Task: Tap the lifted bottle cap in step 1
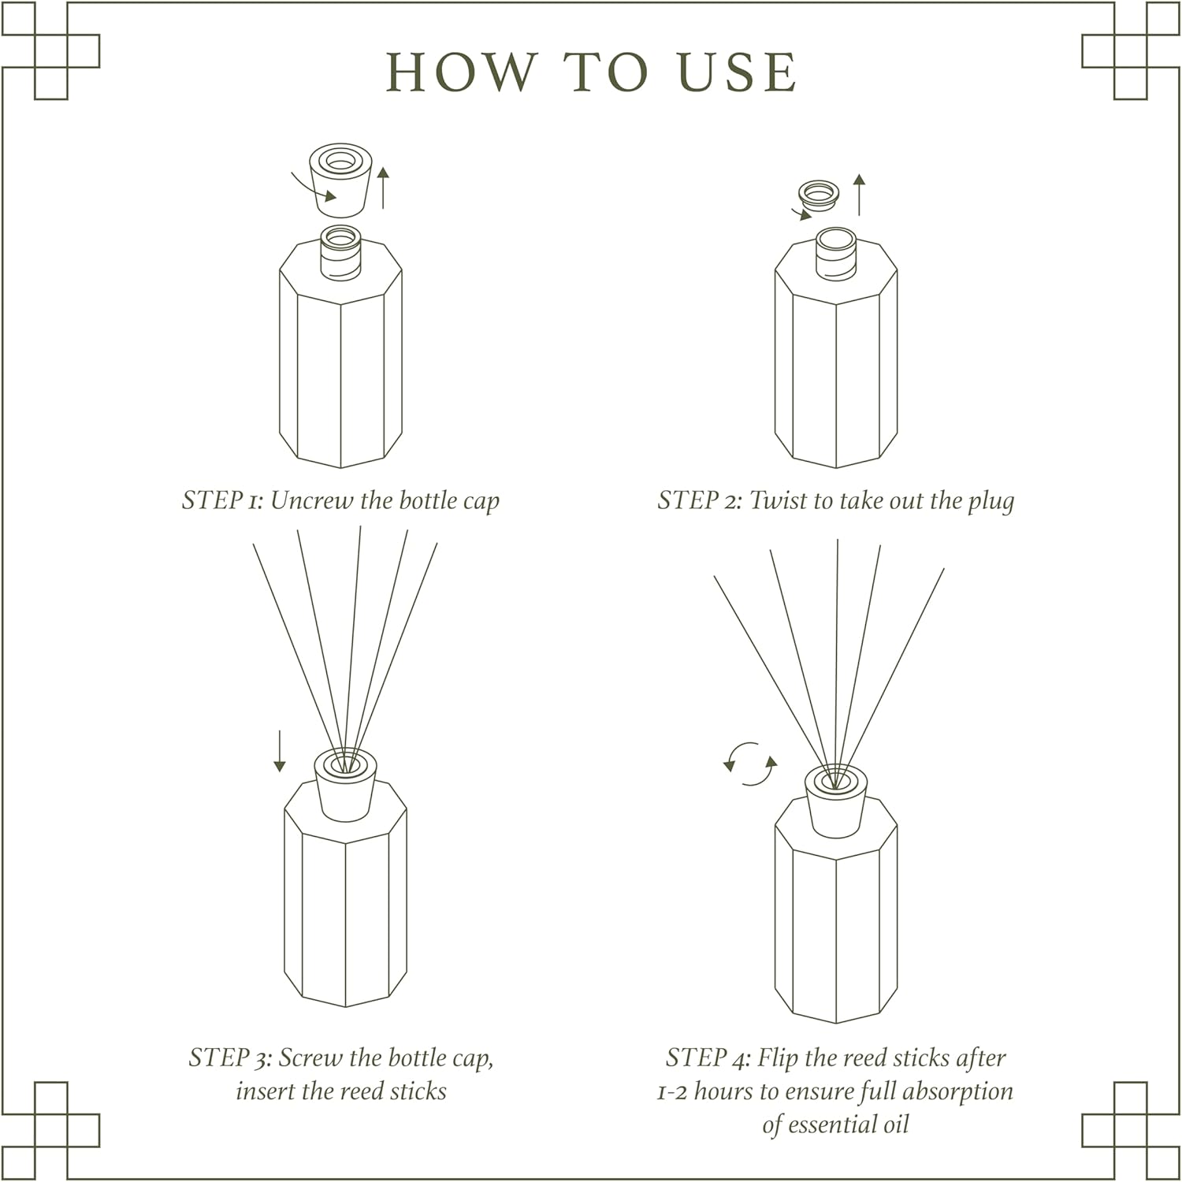pyautogui.click(x=340, y=180)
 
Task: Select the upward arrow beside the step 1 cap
pyautogui.click(x=384, y=188)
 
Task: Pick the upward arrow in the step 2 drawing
pyautogui.click(x=860, y=195)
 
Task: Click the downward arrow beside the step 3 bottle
pyautogui.click(x=279, y=750)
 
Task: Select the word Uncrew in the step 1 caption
pyautogui.click(x=311, y=501)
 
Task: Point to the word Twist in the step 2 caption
pyautogui.click(x=776, y=501)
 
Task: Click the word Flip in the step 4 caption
pyautogui.click(x=777, y=1059)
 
